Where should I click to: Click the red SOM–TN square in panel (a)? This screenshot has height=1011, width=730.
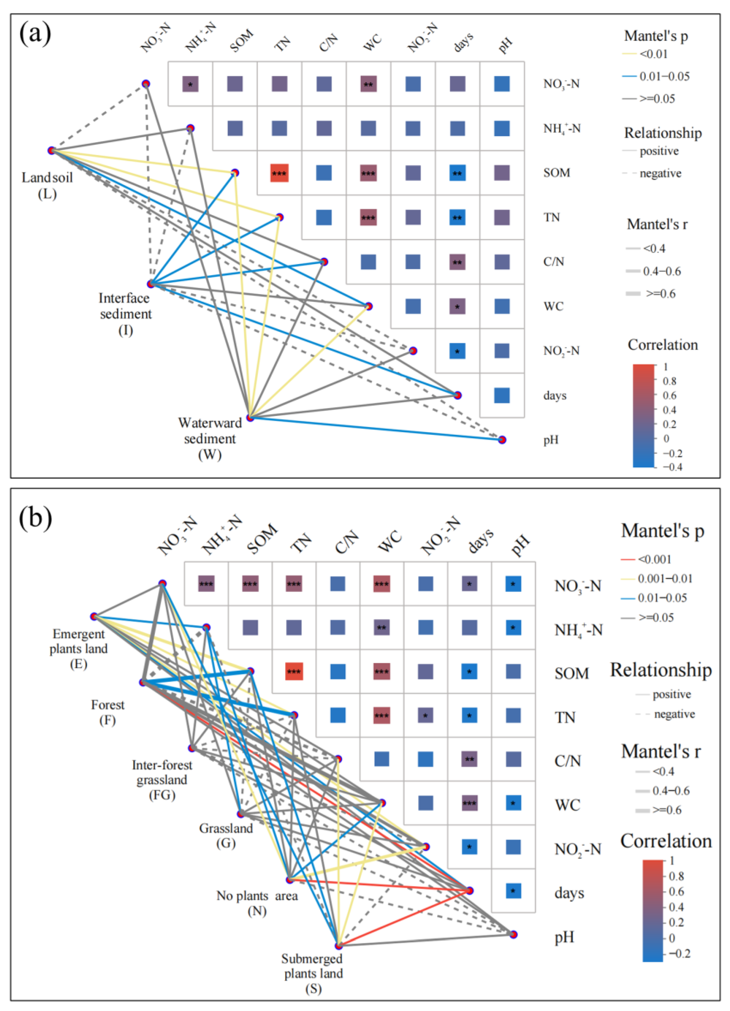(279, 173)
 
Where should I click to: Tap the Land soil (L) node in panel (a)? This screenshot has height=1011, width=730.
(51, 151)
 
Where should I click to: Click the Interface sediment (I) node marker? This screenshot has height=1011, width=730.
(151, 283)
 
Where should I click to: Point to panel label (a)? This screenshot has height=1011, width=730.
(35, 34)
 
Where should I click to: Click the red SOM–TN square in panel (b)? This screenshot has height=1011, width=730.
(294, 671)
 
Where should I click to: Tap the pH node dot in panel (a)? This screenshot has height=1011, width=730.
(502, 440)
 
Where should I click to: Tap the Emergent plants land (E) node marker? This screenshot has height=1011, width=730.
(94, 617)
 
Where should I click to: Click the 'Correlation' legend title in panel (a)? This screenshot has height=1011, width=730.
(663, 345)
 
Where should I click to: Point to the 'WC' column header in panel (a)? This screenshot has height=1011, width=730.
(373, 42)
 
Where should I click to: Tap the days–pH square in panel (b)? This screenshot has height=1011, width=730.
(514, 891)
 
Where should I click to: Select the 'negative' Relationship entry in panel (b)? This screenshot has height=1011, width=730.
(674, 714)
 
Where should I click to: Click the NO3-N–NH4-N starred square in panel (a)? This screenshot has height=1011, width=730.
(190, 84)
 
